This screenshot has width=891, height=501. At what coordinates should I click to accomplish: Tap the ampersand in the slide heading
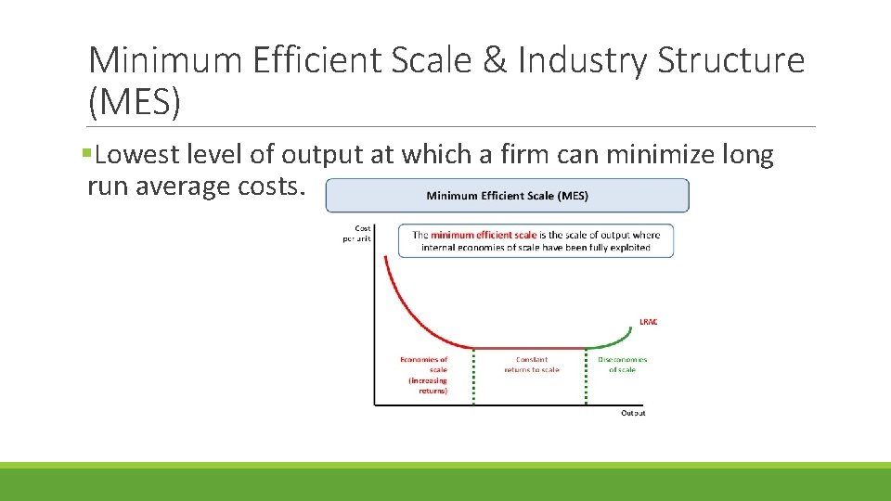click(495, 61)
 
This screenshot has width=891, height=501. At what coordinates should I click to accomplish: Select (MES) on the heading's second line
click(134, 102)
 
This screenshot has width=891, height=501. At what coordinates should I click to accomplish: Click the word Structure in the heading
click(730, 61)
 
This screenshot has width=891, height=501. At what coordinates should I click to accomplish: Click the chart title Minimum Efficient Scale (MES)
click(507, 196)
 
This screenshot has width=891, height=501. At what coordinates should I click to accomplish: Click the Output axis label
click(633, 413)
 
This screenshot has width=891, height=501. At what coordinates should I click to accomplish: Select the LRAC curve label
click(648, 322)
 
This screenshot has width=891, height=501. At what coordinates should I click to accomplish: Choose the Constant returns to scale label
click(532, 365)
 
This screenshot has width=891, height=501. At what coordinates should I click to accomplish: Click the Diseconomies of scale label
click(622, 365)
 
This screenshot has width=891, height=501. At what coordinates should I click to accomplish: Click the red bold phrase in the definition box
click(483, 236)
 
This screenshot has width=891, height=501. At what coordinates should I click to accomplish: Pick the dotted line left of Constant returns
click(473, 376)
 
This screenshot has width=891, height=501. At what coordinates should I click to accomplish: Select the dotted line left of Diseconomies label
click(587, 376)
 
